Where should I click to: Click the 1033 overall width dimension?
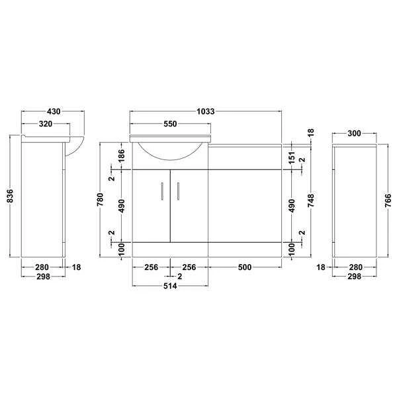(x=206, y=112)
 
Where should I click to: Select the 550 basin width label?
(x=171, y=124)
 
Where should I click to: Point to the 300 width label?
(x=353, y=134)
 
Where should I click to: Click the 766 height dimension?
(x=388, y=198)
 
